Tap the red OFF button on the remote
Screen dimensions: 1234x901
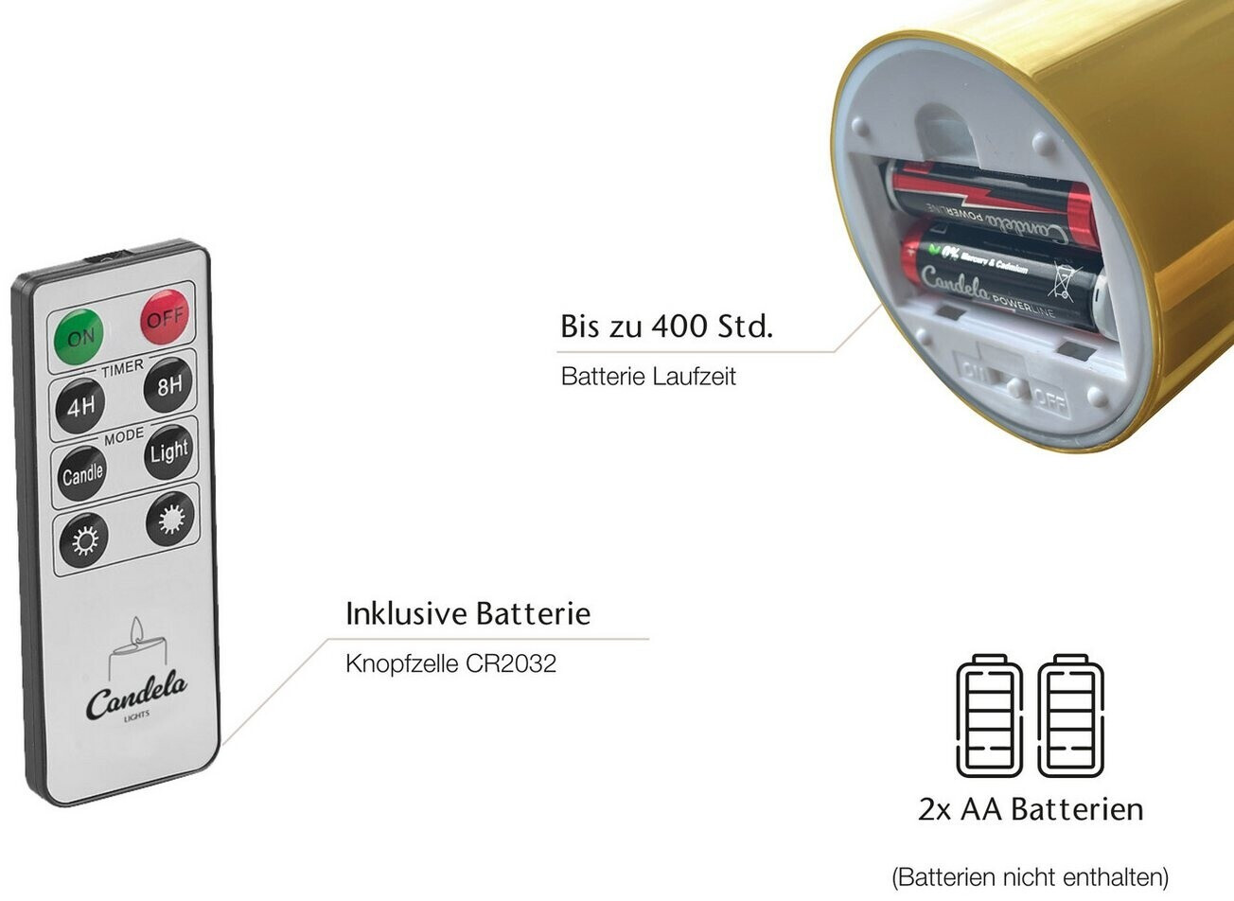coord(165,316)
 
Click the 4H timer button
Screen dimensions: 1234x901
coord(80,406)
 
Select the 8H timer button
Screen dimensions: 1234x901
coord(168,385)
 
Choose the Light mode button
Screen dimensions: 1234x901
coord(168,452)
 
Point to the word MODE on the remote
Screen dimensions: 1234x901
coord(124,434)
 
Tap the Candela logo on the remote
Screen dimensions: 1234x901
coord(136,698)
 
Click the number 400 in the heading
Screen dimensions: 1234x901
coord(679,327)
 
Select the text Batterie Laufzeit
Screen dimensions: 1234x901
coord(648,376)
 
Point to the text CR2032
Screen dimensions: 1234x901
coord(511,662)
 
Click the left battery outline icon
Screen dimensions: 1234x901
coord(989,715)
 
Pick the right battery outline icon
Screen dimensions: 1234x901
coord(1070,715)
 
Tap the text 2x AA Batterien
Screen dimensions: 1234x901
coord(1031,809)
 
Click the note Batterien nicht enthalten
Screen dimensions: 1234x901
coord(1031,876)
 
